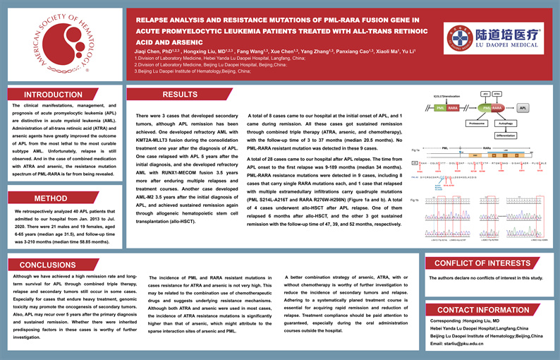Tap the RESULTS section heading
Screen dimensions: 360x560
click(180, 95)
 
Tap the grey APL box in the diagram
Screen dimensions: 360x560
click(523, 109)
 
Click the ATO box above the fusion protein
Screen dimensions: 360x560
click(485, 93)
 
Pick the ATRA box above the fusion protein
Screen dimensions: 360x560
click(497, 93)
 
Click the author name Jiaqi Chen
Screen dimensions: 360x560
click(150, 52)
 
